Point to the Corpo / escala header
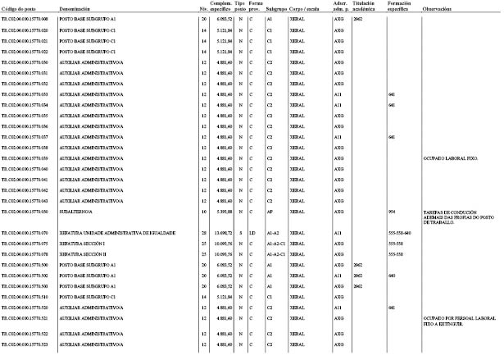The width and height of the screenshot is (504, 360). pyautogui.click(x=305, y=7)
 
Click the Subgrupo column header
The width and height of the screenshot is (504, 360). pyautogui.click(x=275, y=7)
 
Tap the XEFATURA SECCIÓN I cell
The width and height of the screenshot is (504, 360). pyautogui.click(x=84, y=244)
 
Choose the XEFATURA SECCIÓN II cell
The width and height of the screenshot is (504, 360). pyautogui.click(x=84, y=254)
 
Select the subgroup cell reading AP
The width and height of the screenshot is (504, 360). pyautogui.click(x=269, y=211)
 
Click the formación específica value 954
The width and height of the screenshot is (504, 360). pyautogui.click(x=391, y=211)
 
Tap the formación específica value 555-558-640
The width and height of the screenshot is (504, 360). pyautogui.click(x=399, y=233)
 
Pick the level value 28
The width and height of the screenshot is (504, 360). pyautogui.click(x=203, y=233)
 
